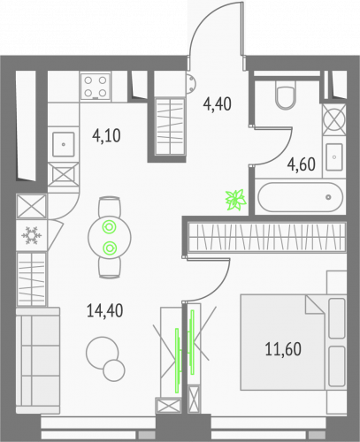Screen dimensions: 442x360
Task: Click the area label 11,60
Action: (x=282, y=347)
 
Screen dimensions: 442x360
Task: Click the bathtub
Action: (x=299, y=197)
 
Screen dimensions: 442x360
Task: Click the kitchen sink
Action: (x=65, y=141)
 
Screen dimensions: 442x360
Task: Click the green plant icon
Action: (x=235, y=200)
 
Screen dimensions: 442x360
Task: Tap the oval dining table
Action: (x=110, y=237)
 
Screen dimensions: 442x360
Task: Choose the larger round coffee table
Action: (x=100, y=354)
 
